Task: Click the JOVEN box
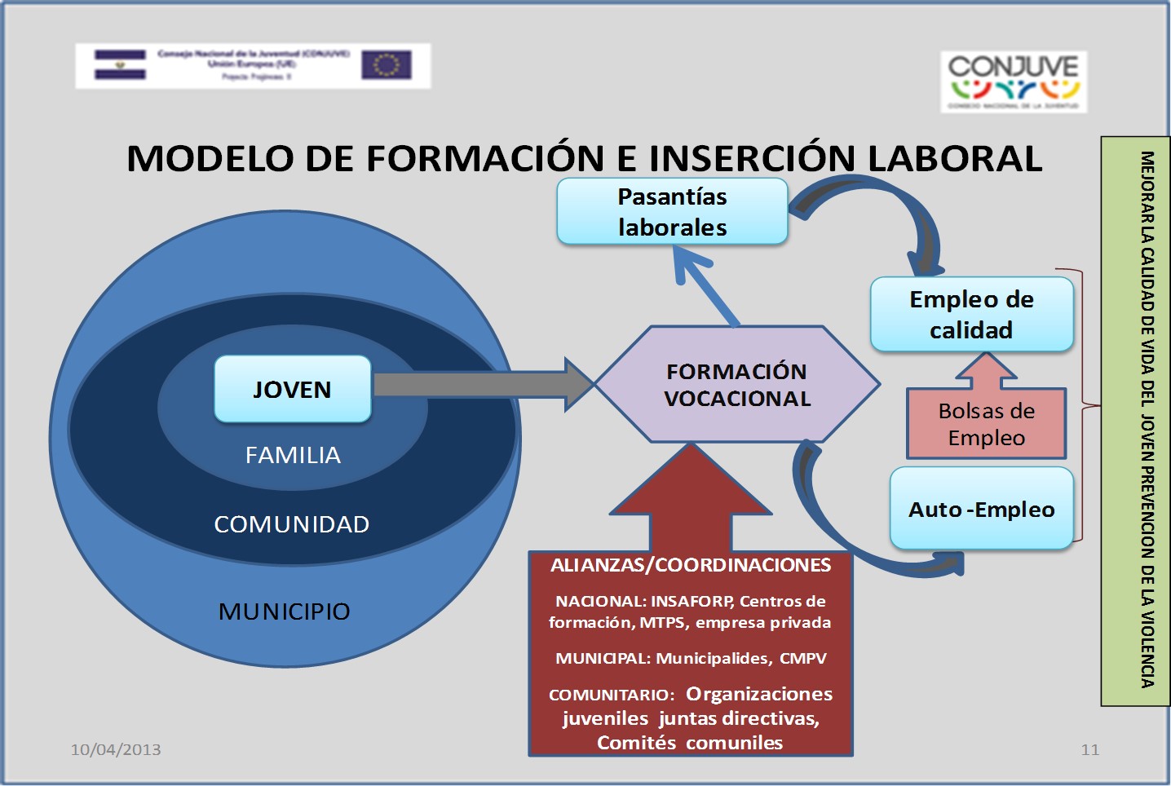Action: point(292,389)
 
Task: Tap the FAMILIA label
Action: point(293,455)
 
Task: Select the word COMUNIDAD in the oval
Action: point(291,524)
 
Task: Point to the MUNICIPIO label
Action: point(284,612)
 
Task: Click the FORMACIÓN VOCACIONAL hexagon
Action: point(737,385)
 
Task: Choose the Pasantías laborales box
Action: point(672,212)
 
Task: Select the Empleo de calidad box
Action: point(971,315)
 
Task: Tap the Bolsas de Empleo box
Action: point(986,424)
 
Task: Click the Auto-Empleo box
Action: point(981,509)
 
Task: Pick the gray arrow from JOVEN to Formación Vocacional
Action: point(481,384)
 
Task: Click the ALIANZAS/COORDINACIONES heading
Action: point(691,565)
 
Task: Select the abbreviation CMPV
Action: point(802,659)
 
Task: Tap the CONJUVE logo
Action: point(1014,81)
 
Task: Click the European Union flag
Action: point(386,65)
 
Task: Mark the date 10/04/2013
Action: point(116,749)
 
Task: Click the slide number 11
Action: point(1089,749)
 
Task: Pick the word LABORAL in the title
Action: point(955,158)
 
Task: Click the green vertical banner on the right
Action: point(1134,420)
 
